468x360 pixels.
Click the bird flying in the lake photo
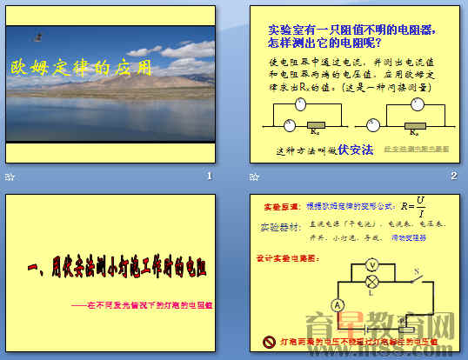click(x=37, y=37)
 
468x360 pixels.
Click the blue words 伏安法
click(x=355, y=150)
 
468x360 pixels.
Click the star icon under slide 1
click(x=10, y=177)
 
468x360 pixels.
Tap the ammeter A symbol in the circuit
click(x=338, y=303)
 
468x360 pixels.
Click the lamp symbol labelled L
click(x=371, y=282)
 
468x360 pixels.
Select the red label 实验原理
click(x=278, y=210)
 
